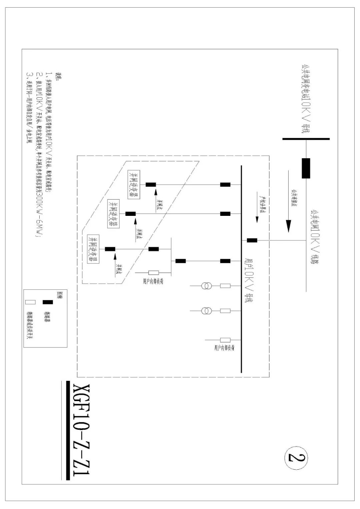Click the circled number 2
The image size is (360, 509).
pos(296,458)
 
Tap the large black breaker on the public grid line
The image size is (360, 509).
pos(306,168)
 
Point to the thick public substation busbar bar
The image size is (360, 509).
pos(306,139)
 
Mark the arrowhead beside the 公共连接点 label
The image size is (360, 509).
pos(289,227)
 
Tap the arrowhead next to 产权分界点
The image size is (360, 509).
pos(257,219)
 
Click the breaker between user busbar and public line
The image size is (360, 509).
pos(252,240)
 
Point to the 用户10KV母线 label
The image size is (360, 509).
pos(249,280)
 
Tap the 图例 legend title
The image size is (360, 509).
pos(60,294)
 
